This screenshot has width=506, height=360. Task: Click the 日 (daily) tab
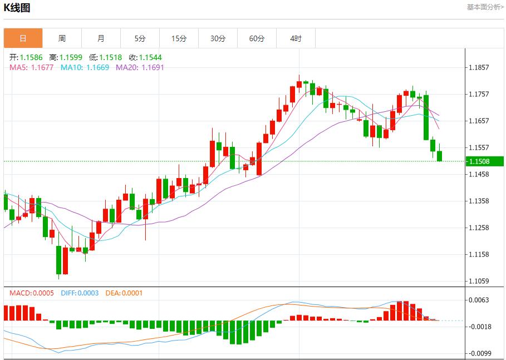pyautogui.click(x=23, y=38)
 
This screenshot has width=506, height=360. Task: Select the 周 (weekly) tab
pyautogui.click(x=62, y=38)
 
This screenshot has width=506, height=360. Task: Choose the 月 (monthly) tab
pyautogui.click(x=101, y=38)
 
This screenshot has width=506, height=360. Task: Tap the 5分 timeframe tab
pyautogui.click(x=140, y=38)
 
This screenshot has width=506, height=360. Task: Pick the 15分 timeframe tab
pyautogui.click(x=179, y=38)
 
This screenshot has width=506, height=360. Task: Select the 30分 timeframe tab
pyautogui.click(x=218, y=38)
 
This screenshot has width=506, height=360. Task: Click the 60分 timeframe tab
pyautogui.click(x=257, y=38)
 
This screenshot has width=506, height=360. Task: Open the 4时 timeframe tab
pyautogui.click(x=296, y=38)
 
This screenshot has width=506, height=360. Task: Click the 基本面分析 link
pyautogui.click(x=485, y=7)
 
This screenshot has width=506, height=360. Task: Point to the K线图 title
pyautogui.click(x=17, y=8)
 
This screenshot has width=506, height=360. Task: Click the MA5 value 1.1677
pyautogui.click(x=42, y=67)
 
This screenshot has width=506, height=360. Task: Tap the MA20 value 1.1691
pyautogui.click(x=153, y=67)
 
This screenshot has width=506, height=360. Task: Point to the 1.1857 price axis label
pyautogui.click(x=479, y=67)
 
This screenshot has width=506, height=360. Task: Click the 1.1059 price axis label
pyautogui.click(x=479, y=281)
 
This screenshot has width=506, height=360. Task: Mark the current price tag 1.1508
pyautogui.click(x=479, y=161)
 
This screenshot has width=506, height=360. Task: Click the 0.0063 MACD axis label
pyautogui.click(x=479, y=300)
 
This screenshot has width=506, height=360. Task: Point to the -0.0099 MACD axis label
pyautogui.click(x=479, y=353)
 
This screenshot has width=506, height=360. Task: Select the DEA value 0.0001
pyautogui.click(x=131, y=293)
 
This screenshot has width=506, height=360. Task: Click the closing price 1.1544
pyautogui.click(x=150, y=57)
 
